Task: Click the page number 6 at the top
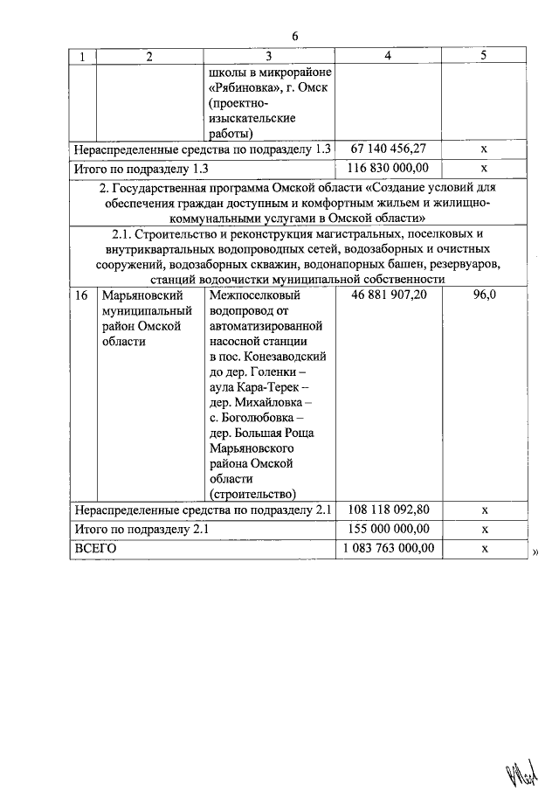[x=295, y=37]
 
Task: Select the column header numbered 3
[x=268, y=56]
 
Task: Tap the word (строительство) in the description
[x=253, y=492]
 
